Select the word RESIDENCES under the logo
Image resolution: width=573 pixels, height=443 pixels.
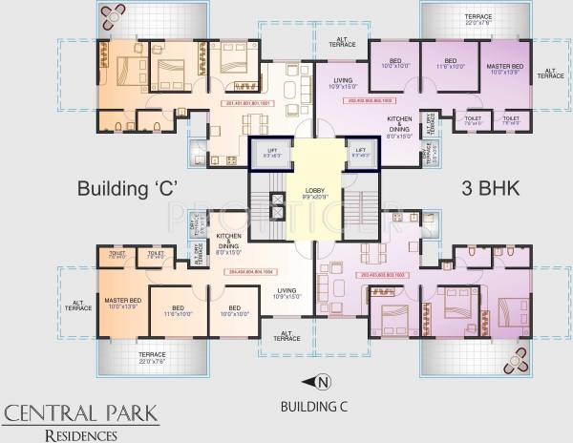tap(82, 434)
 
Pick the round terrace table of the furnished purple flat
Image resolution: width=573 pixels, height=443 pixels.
tap(520, 361)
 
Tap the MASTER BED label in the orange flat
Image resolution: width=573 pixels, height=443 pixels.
tap(123, 305)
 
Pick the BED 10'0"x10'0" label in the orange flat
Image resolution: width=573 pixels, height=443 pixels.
tap(234, 311)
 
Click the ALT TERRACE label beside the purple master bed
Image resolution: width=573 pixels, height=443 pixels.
tap(552, 73)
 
